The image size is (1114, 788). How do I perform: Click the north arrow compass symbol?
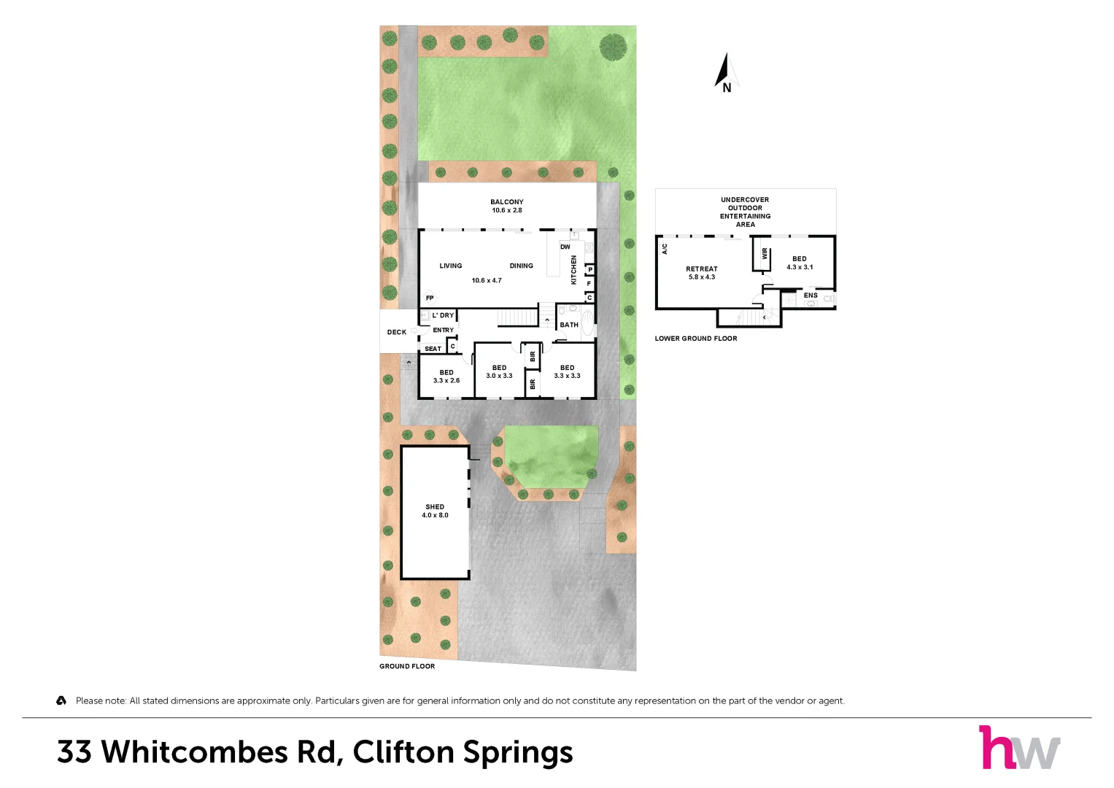tap(727, 73)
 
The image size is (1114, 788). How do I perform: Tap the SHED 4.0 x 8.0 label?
tap(435, 511)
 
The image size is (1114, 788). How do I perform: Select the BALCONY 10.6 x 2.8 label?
tap(507, 206)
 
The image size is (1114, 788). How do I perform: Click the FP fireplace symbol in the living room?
tap(430, 298)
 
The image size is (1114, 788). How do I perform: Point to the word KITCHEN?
tap(573, 270)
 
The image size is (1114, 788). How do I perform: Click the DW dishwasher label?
tap(565, 247)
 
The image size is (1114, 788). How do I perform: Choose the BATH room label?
tap(569, 325)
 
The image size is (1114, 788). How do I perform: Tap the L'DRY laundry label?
tap(443, 315)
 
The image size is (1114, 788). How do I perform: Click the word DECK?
tap(397, 332)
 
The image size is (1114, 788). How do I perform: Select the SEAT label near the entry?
tap(433, 349)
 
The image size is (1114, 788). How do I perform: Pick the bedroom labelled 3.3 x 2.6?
tap(446, 376)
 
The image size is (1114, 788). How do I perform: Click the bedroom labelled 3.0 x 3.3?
tap(499, 371)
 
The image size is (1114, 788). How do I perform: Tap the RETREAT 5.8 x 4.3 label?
tap(702, 273)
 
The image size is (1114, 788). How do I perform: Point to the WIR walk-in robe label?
tap(765, 254)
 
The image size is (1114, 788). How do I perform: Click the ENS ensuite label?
tap(811, 295)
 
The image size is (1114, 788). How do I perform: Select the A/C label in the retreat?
tap(665, 250)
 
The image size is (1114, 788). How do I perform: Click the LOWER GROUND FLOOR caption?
tap(696, 339)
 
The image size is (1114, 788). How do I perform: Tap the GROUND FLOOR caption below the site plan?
tap(407, 666)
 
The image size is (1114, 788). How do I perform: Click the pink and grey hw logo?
tap(1019, 747)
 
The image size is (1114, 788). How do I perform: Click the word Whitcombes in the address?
tap(195, 752)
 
